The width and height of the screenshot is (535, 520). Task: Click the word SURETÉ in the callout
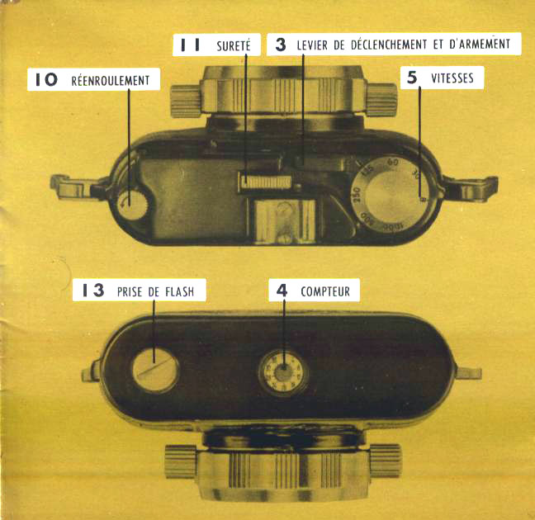[234, 45]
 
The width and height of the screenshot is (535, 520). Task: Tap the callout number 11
[190, 45]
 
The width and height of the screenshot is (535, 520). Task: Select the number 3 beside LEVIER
[281, 45]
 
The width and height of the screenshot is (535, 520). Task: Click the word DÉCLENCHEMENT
[389, 44]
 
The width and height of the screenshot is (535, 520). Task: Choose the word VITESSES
[452, 78]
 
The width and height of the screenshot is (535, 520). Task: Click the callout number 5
[412, 78]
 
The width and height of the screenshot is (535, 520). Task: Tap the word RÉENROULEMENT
[110, 81]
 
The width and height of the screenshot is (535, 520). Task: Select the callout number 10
[46, 80]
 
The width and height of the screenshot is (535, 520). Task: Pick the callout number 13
[93, 291]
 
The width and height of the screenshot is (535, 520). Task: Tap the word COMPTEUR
[325, 291]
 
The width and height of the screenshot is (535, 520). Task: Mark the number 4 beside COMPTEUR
[282, 291]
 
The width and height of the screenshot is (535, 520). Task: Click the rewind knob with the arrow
[132, 204]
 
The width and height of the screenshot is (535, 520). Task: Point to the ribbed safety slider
[266, 182]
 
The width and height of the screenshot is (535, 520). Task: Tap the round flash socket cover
[155, 370]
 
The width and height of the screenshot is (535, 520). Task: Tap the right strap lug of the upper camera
[470, 187]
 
